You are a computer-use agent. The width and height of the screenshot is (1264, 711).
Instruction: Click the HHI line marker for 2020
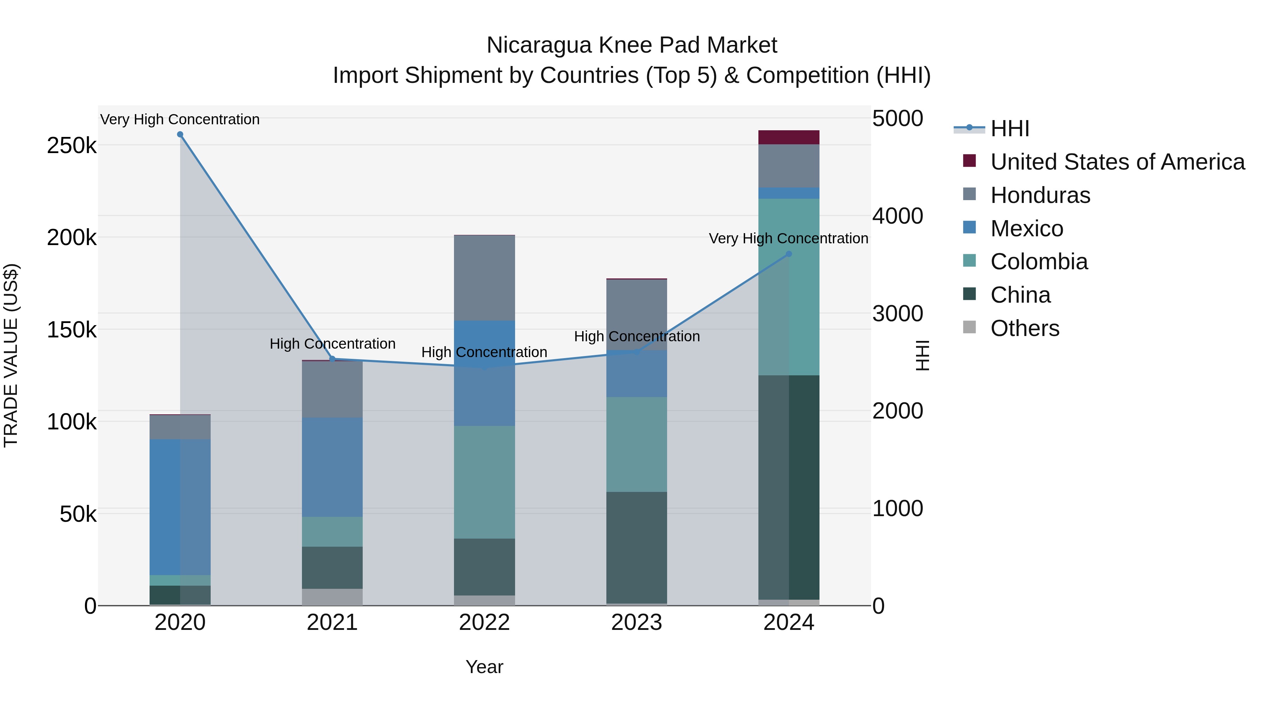pyautogui.click(x=180, y=134)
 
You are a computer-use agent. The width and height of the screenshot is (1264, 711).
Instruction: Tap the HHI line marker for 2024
pyautogui.click(x=789, y=254)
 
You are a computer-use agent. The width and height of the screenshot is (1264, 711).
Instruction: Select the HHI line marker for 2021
pyautogui.click(x=332, y=359)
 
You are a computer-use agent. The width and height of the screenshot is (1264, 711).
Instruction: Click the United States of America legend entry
pyautogui.click(x=1117, y=162)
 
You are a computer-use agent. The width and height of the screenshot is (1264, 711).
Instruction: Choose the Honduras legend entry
pyautogui.click(x=1040, y=195)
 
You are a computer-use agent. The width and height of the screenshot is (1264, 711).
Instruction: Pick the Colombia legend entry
pyautogui.click(x=1039, y=262)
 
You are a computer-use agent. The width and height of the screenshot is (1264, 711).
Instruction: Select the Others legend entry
pyautogui.click(x=1025, y=328)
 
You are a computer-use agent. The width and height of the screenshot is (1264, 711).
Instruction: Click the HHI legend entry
pyautogui.click(x=1010, y=129)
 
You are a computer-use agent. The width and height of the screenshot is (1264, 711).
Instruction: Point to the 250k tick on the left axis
pyautogui.click(x=72, y=146)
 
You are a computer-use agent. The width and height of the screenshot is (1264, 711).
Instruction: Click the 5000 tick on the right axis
pyautogui.click(x=897, y=118)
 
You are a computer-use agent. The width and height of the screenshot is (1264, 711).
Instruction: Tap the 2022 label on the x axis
pyautogui.click(x=484, y=623)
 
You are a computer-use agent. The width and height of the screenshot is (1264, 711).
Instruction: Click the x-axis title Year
pyautogui.click(x=484, y=667)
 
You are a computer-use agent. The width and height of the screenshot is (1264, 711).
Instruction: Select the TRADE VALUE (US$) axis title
pyautogui.click(x=11, y=355)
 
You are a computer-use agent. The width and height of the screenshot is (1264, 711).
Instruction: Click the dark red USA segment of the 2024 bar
pyautogui.click(x=789, y=137)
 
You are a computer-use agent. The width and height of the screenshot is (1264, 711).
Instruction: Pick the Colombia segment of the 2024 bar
pyautogui.click(x=789, y=287)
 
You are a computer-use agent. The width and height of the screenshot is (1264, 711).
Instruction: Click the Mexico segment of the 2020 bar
pyautogui.click(x=180, y=507)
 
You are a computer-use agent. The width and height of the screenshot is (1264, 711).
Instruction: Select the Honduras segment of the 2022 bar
pyautogui.click(x=484, y=278)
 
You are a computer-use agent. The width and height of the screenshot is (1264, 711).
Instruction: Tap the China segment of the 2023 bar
pyautogui.click(x=637, y=547)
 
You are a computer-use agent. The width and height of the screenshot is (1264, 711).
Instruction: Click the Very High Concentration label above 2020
pyautogui.click(x=180, y=120)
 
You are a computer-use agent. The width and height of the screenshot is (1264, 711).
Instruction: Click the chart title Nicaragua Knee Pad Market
pyautogui.click(x=632, y=45)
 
